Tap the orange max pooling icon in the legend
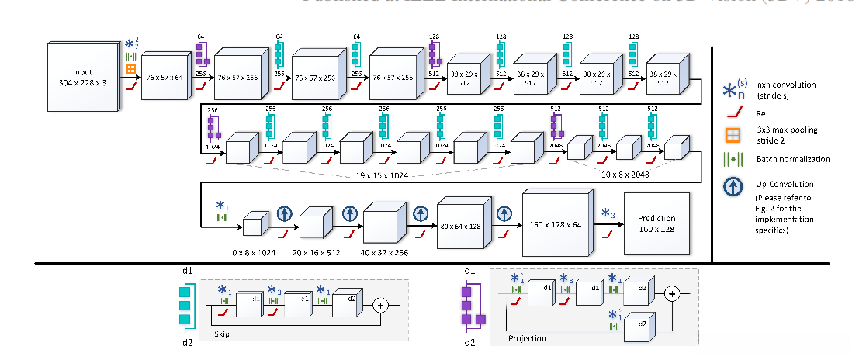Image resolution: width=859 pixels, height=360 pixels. tap(729, 131)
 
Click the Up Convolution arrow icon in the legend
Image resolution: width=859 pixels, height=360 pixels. tap(729, 185)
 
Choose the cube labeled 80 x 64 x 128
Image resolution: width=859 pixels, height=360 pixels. tap(465, 224)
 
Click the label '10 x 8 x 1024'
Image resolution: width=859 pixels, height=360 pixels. tap(251, 253)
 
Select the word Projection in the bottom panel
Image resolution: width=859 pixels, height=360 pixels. tap(528, 338)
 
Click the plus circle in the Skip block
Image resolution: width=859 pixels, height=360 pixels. tap(380, 305)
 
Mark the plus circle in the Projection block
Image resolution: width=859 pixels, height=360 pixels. tap(672, 293)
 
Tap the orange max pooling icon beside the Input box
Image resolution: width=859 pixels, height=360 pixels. tap(131, 70)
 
